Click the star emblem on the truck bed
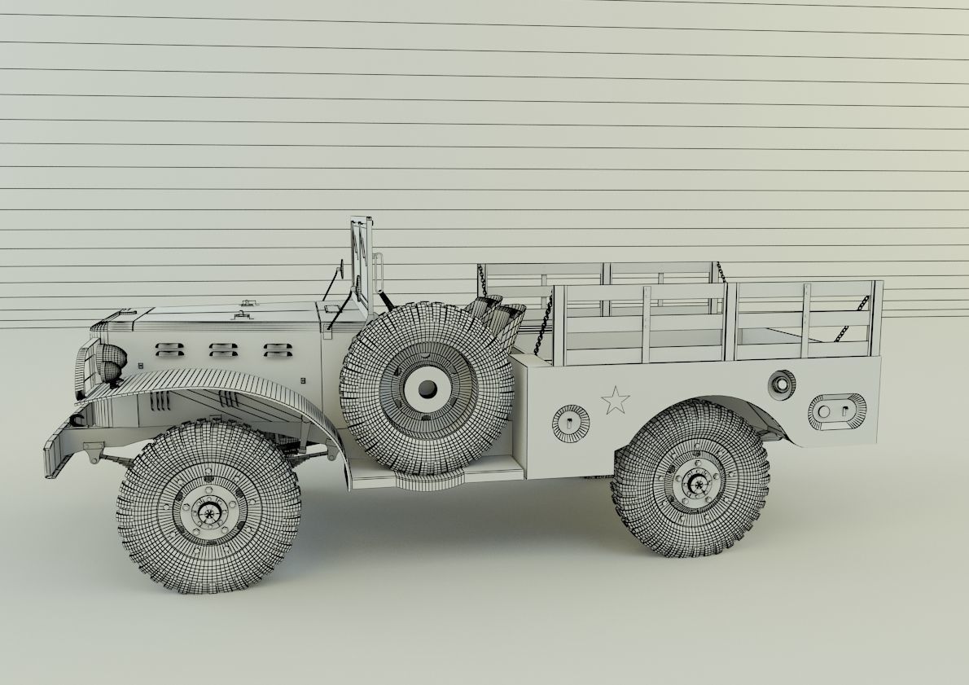[x=615, y=400]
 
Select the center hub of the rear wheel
[x=696, y=481]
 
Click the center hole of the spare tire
[x=425, y=388]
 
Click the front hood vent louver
[x=169, y=349]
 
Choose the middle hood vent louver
[x=222, y=349]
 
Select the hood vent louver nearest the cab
[x=277, y=349]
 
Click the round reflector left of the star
[x=570, y=422]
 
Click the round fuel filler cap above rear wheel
[x=781, y=383]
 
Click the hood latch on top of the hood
[x=243, y=313]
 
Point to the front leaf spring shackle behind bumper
[x=94, y=450]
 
